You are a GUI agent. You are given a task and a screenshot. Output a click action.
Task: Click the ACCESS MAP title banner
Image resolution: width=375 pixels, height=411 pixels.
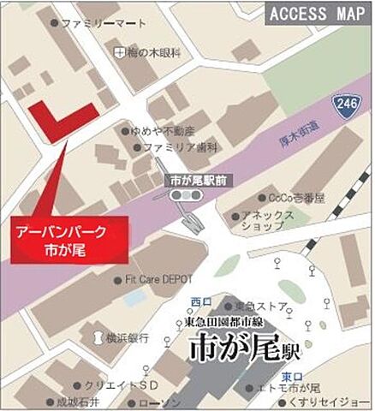tap(316, 13)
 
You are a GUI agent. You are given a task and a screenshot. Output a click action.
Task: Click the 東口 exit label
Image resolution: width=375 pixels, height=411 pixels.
tap(292, 374)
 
